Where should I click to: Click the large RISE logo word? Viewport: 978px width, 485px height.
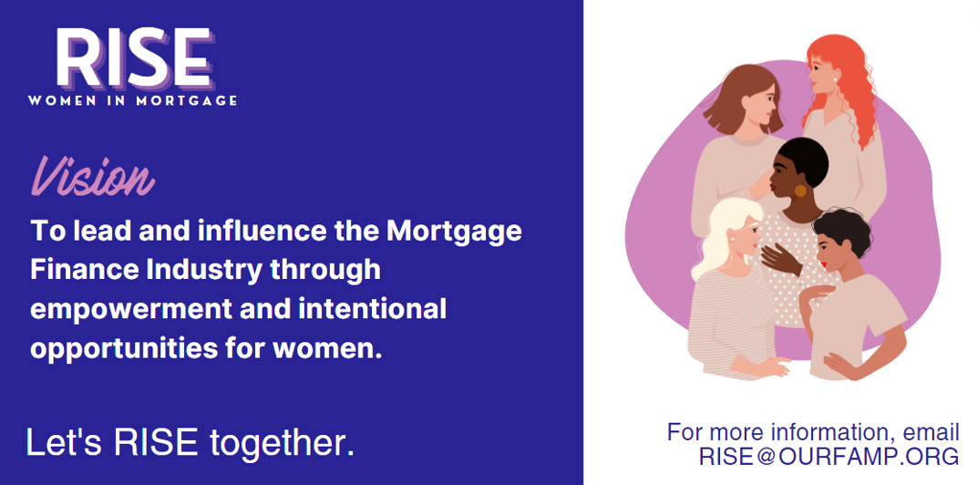pyautogui.click(x=133, y=57)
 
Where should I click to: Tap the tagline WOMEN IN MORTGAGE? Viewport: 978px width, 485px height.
pyautogui.click(x=133, y=100)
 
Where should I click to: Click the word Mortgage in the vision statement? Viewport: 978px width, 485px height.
pyautogui.click(x=455, y=232)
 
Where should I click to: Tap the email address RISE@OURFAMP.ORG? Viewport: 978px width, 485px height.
pyautogui.click(x=829, y=456)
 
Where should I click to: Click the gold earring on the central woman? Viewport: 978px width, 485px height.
pyautogui.click(x=800, y=191)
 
